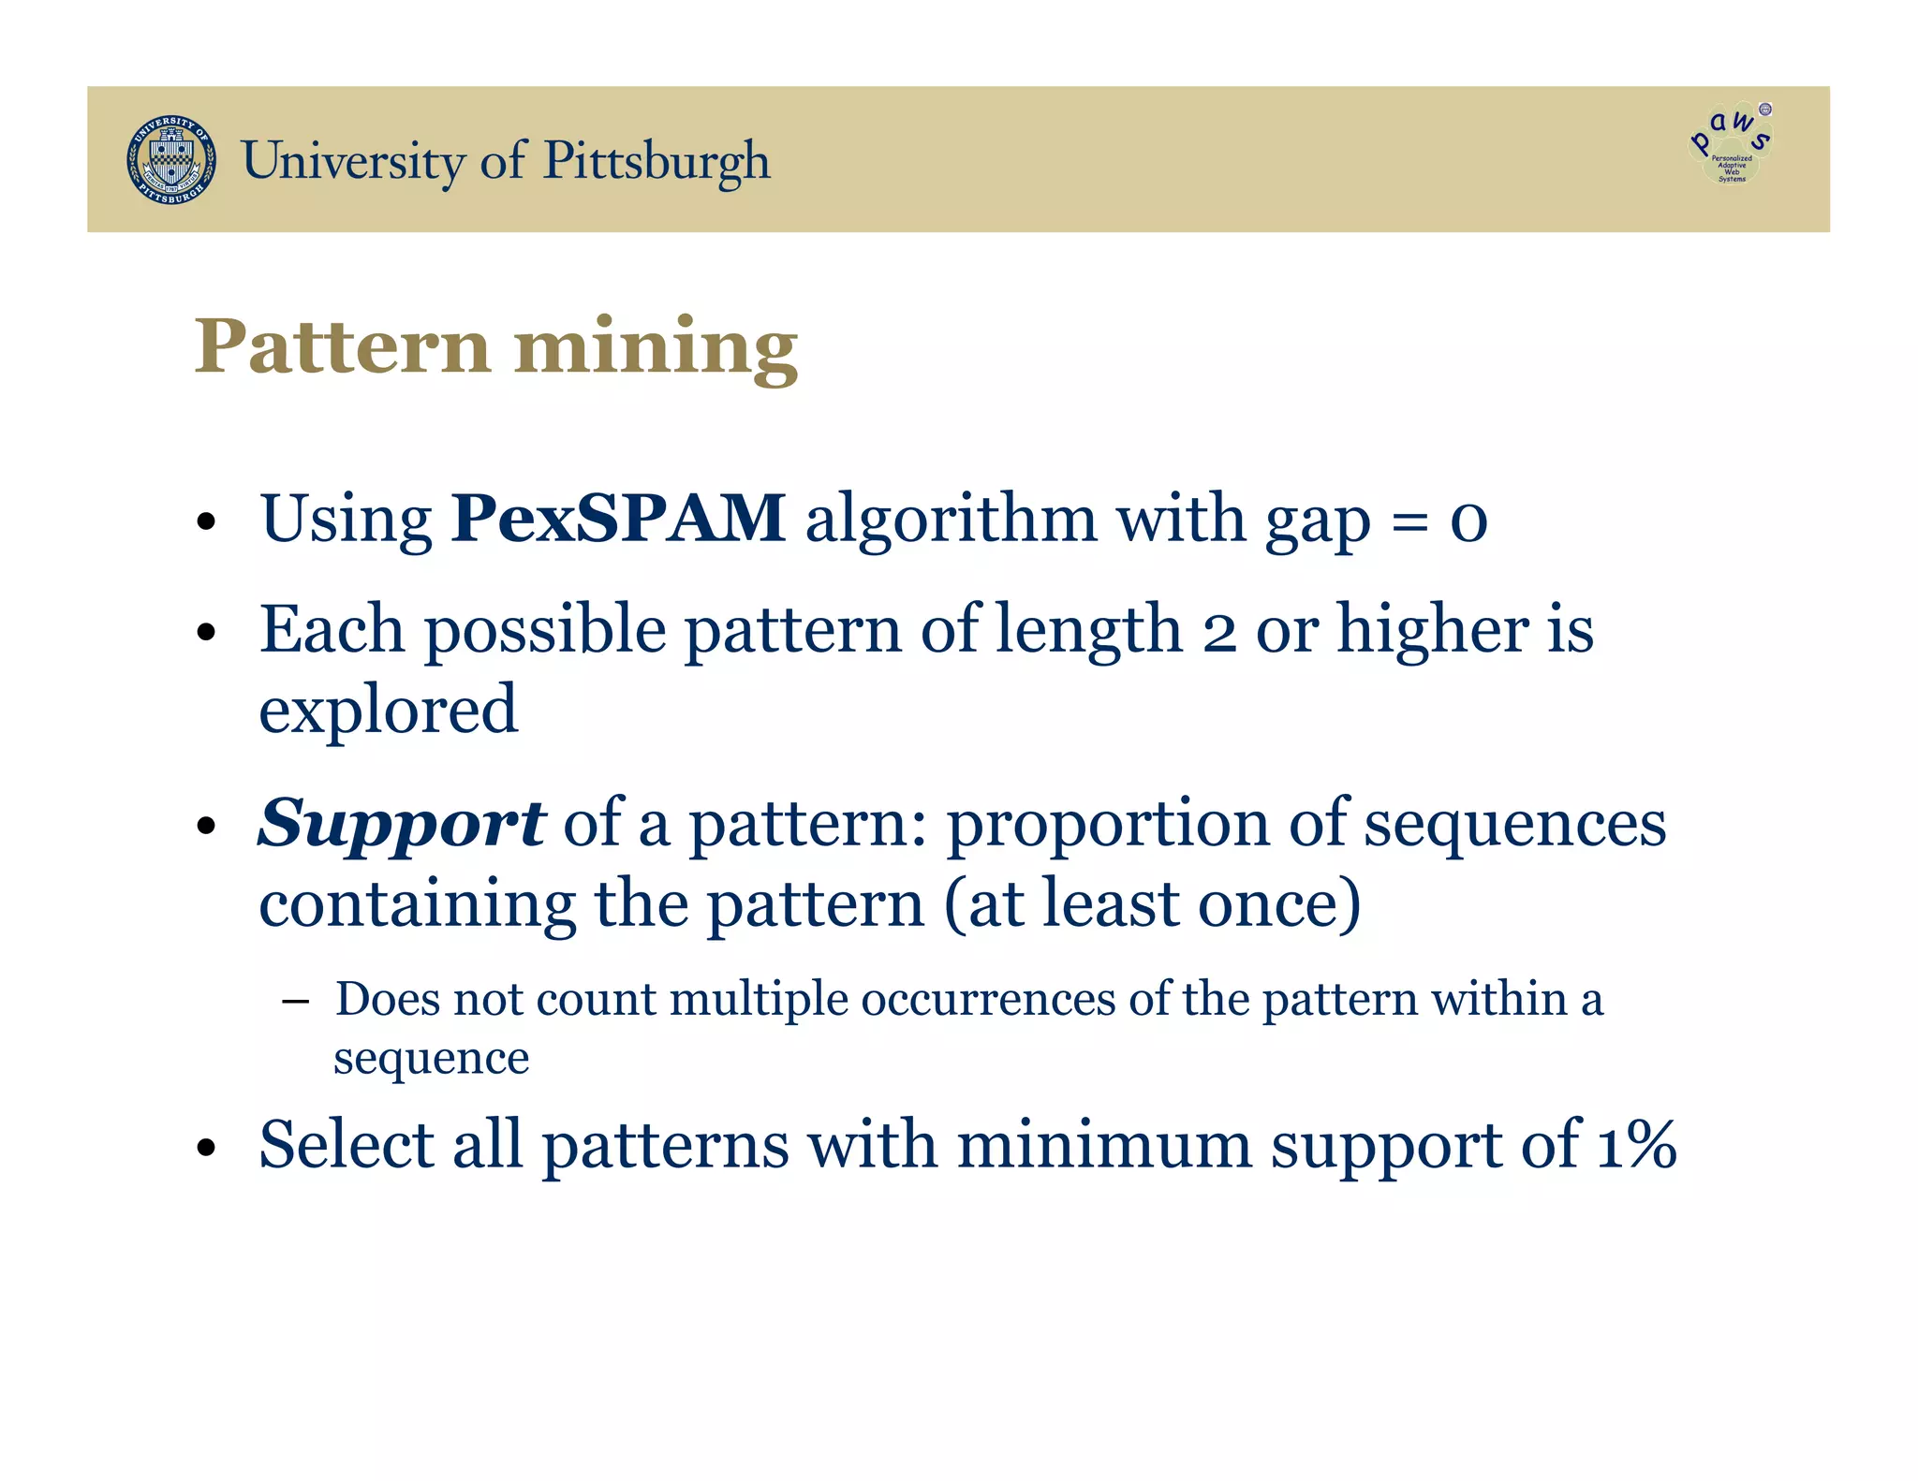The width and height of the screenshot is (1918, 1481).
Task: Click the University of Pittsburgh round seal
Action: [171, 160]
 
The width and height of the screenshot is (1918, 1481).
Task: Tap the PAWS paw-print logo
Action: [1731, 145]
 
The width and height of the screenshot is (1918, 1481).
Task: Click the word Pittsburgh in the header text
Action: [657, 161]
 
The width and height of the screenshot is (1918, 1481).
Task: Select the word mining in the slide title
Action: [656, 348]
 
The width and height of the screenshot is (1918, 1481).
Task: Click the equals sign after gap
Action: [1409, 522]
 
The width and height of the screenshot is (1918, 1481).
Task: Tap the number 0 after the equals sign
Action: [1468, 522]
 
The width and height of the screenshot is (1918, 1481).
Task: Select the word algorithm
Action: [951, 520]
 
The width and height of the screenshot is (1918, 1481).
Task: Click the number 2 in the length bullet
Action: [1218, 633]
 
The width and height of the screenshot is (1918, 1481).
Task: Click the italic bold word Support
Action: [401, 825]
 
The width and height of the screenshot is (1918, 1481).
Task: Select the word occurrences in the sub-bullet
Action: [988, 999]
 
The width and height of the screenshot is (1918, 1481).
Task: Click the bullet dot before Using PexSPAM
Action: [207, 522]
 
